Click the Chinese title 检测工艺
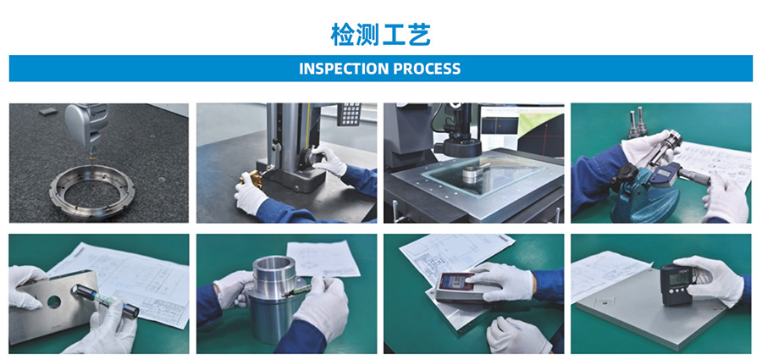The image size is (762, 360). click(x=380, y=35)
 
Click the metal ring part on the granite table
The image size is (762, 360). click(x=91, y=191)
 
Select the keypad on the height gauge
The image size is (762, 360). click(x=349, y=114)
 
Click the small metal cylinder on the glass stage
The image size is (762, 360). click(x=474, y=173)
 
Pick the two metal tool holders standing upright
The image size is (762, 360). click(x=636, y=123)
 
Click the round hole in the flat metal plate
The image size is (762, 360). click(x=53, y=302)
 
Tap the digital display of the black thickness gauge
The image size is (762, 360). click(x=679, y=279)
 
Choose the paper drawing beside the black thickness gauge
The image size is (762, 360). click(x=610, y=275)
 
